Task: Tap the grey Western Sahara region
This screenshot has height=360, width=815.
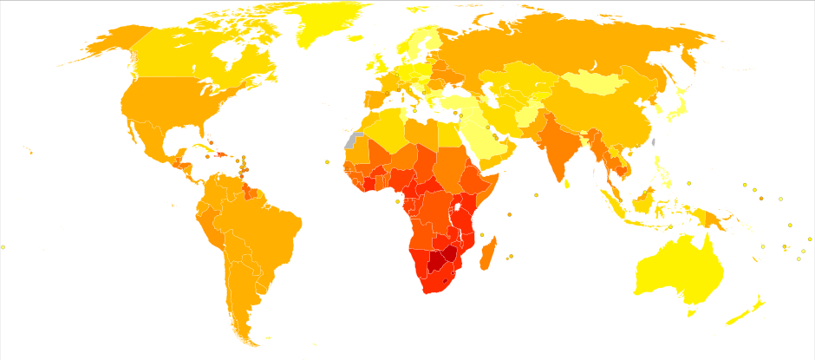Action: pos(351,141)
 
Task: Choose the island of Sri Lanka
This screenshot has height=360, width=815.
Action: pos(567,183)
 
